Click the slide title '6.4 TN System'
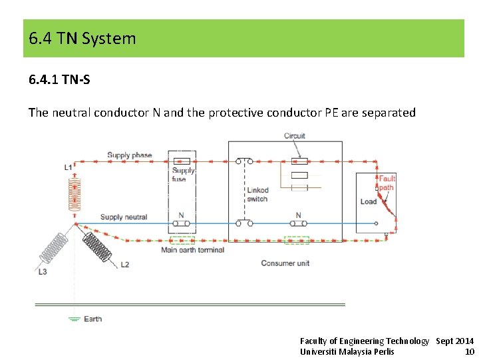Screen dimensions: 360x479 (82, 39)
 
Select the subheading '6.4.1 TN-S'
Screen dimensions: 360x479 (59, 80)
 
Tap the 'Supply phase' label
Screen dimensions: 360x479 (129, 155)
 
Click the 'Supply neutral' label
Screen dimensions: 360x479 (124, 217)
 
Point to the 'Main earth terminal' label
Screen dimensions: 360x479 (192, 250)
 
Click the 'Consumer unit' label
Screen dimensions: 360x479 (285, 263)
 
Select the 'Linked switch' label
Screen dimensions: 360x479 (257, 195)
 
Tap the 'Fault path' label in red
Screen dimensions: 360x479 (387, 183)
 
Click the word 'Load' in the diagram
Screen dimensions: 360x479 (368, 201)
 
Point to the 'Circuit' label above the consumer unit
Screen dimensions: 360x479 (294, 136)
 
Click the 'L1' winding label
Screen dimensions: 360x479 (68, 167)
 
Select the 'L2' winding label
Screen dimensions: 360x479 (124, 265)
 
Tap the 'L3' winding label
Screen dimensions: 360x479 (42, 271)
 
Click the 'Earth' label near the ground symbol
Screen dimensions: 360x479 (93, 319)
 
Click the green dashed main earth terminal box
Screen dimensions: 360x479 (182, 240)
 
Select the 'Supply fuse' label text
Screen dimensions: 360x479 (183, 175)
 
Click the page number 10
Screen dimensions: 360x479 (470, 351)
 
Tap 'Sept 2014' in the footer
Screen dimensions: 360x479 (454, 341)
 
